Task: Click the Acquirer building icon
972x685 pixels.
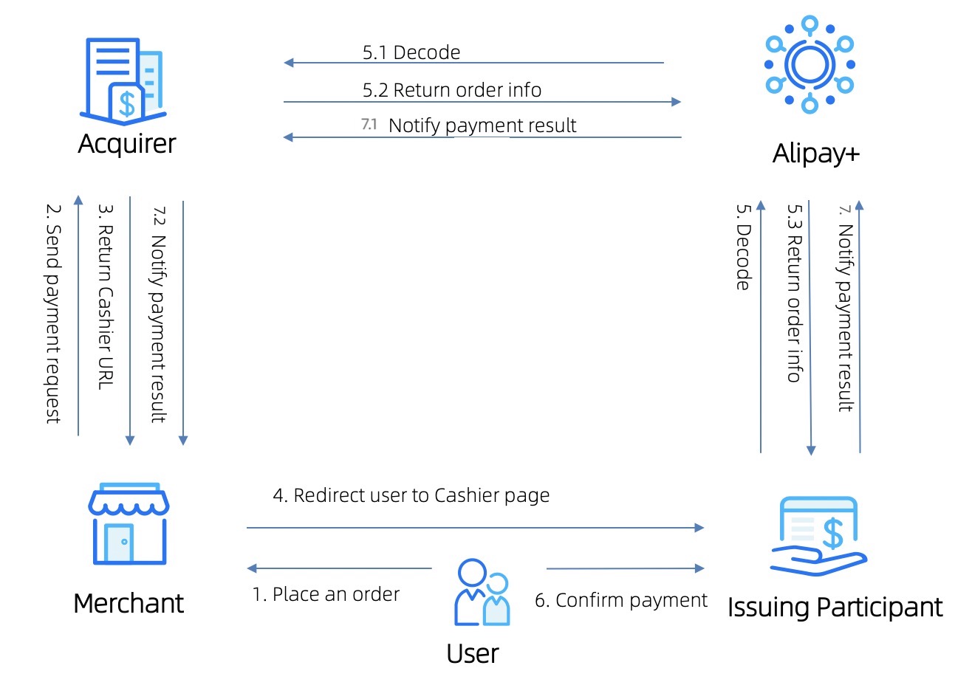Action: point(123,81)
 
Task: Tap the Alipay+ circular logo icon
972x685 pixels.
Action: point(810,64)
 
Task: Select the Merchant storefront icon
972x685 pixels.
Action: point(129,525)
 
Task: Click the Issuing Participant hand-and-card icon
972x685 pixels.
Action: point(818,536)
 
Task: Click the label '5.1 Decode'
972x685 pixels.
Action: point(411,52)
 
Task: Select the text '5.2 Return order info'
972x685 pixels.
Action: point(451,90)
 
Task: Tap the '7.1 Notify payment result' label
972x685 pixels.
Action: point(469,125)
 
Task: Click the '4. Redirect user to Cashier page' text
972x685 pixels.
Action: point(411,495)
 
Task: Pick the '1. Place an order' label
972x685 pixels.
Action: point(326,594)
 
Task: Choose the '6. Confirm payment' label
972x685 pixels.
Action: point(620,600)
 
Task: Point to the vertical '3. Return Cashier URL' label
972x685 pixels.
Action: point(106,297)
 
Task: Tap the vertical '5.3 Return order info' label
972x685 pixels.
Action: point(794,293)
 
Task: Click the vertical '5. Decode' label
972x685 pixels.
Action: point(743,247)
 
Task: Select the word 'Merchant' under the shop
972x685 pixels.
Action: point(129,604)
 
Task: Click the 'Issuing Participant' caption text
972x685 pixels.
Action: point(835,607)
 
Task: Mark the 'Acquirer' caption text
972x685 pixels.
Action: point(127,143)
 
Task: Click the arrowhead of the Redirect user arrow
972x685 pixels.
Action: point(699,528)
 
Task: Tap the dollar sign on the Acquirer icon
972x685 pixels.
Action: point(128,103)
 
